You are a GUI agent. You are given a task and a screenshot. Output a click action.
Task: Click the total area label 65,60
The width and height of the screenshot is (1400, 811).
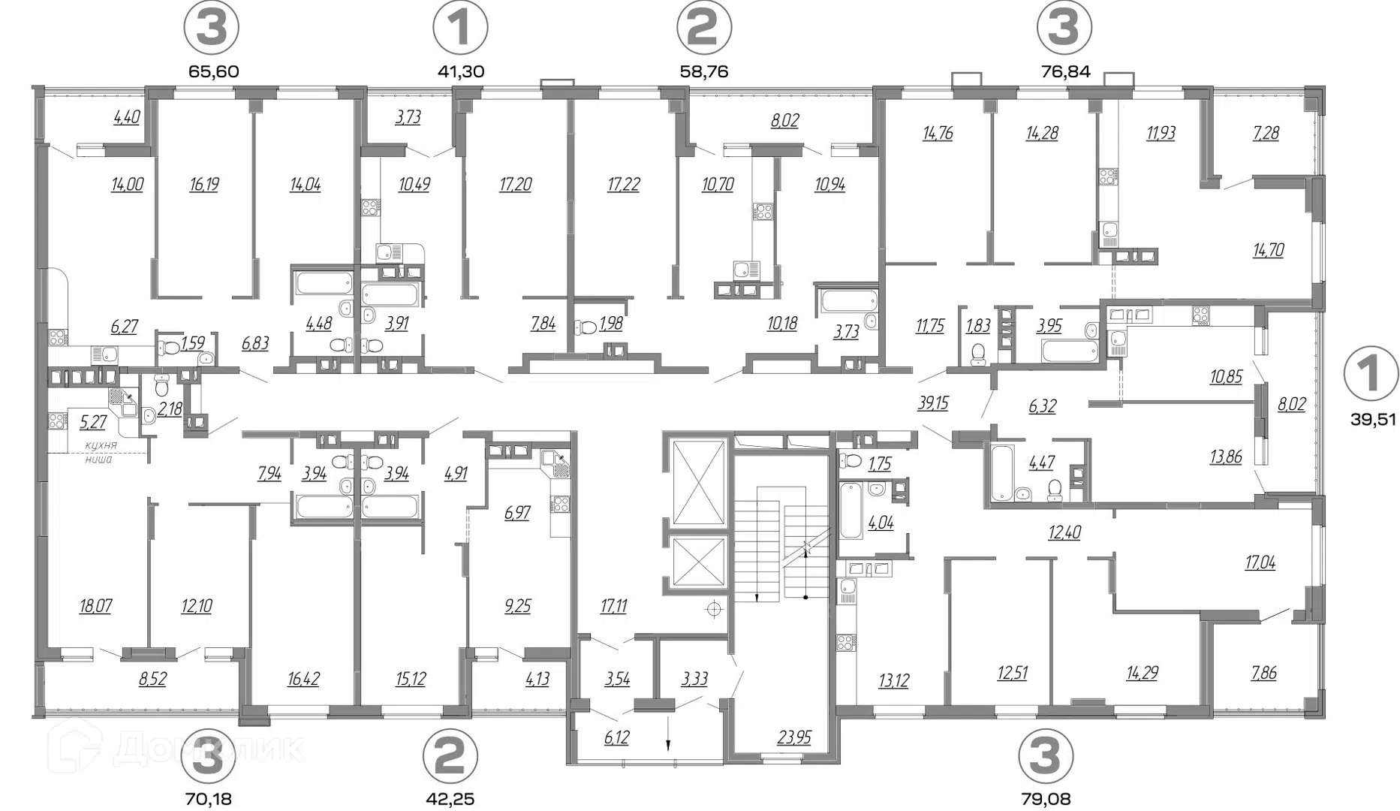click(212, 71)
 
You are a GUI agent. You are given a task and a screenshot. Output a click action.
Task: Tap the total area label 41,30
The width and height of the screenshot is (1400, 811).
click(460, 71)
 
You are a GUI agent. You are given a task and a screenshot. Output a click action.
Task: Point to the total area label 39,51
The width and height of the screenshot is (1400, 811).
click(1373, 419)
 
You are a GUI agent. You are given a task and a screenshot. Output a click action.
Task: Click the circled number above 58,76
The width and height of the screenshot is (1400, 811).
click(703, 28)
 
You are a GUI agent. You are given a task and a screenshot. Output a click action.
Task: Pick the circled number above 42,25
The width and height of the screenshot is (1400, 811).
click(450, 756)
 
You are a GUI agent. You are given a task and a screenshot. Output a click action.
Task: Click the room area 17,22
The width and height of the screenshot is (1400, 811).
click(623, 184)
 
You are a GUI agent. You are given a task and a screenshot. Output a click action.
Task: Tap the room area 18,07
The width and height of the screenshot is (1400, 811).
click(95, 605)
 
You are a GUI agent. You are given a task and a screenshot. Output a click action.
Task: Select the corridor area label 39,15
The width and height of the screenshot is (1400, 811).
click(932, 403)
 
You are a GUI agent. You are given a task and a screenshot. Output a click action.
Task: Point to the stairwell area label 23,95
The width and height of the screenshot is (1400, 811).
click(794, 737)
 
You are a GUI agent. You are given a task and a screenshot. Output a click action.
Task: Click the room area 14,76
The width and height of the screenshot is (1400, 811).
click(938, 133)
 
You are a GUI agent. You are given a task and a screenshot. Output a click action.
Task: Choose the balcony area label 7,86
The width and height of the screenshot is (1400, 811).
click(1263, 672)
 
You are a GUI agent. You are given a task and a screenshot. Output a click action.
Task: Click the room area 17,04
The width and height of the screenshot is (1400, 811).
click(1260, 562)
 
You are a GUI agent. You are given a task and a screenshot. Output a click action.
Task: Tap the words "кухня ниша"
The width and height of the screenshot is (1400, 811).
click(99, 452)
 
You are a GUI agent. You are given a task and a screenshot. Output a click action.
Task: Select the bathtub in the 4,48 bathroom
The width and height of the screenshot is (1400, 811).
click(324, 283)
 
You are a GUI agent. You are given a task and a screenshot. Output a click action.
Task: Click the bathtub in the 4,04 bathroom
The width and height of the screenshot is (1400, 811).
click(849, 510)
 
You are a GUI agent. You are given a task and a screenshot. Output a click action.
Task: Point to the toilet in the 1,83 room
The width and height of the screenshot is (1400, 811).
click(977, 353)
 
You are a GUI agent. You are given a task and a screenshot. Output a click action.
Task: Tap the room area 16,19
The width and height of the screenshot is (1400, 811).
click(204, 184)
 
